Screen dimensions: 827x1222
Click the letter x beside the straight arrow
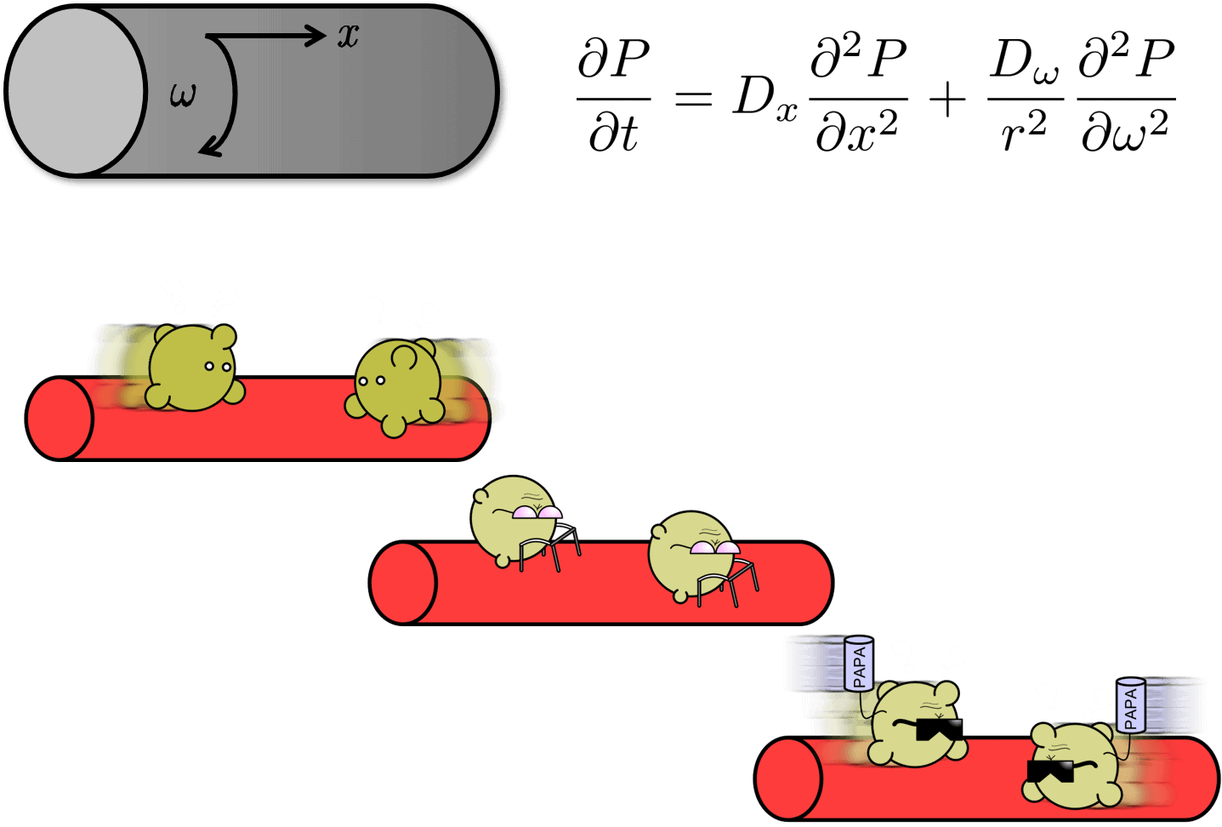(x=348, y=36)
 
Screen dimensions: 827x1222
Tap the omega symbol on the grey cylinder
(x=183, y=94)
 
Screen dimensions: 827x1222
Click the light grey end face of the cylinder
(x=77, y=92)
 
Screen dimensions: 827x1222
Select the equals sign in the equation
(x=693, y=98)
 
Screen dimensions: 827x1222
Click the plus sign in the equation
(x=947, y=100)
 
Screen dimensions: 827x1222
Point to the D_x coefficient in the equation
(x=764, y=97)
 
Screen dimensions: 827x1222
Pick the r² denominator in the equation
(x=1024, y=133)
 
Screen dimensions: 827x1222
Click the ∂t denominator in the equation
(x=613, y=134)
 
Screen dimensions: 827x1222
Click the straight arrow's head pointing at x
(x=315, y=36)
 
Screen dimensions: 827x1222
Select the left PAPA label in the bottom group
(x=859, y=664)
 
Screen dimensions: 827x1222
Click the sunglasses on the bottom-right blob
(x=1050, y=771)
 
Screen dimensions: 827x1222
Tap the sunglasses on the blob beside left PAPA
(x=940, y=729)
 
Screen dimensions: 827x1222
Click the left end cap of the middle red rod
(x=403, y=583)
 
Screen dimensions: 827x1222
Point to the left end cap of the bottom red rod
(x=788, y=779)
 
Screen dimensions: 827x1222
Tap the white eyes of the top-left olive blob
(x=218, y=367)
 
